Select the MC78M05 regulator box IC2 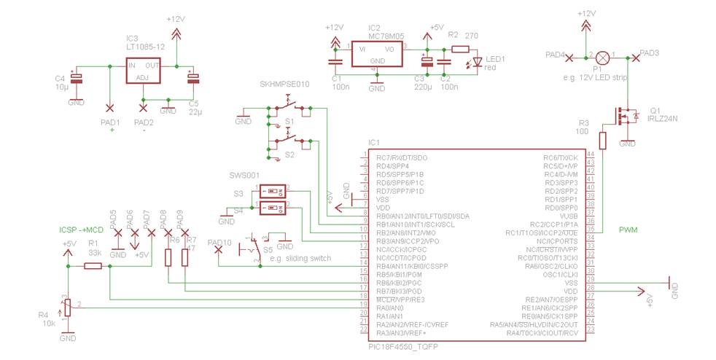(376, 53)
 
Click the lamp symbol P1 (602, 56)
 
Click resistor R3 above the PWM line (602, 141)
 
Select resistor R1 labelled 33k (93, 267)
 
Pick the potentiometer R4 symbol (68, 307)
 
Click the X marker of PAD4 (569, 56)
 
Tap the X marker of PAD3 (636, 56)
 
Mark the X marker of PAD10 (219, 250)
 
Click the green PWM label (628, 230)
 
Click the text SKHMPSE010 (284, 85)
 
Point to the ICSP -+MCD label (81, 230)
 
